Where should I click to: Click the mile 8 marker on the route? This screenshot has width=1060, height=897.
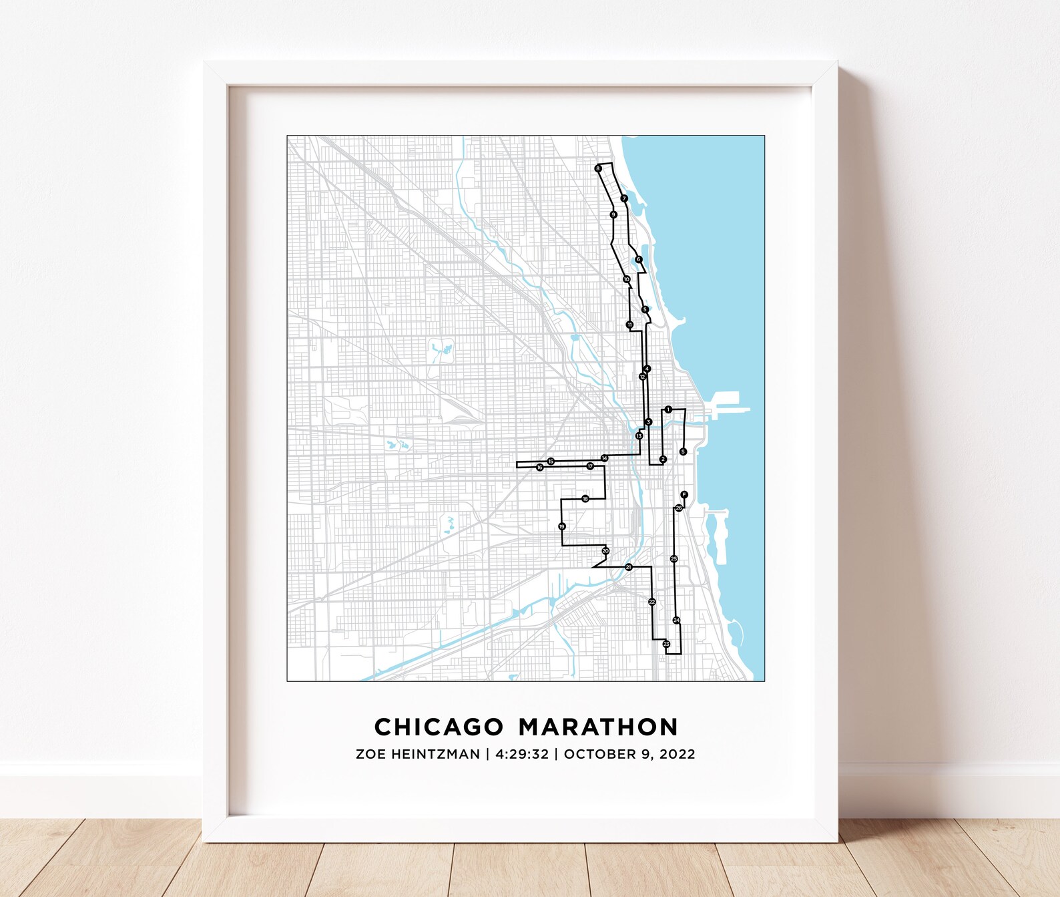coord(598,168)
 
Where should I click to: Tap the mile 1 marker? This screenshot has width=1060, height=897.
coord(668,409)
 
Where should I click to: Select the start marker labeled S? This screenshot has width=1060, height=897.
coord(683,452)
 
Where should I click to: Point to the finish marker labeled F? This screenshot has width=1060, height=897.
coord(684,494)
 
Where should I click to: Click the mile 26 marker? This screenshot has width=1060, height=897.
coord(679,508)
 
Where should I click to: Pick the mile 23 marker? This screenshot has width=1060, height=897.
coord(666,644)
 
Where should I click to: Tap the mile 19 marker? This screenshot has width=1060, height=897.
coord(562,527)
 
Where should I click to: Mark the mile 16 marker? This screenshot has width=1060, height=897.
coord(539,468)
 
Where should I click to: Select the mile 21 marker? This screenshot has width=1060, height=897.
coord(628,567)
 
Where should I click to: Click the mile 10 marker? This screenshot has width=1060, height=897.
coord(626,279)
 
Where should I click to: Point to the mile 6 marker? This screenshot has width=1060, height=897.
coord(639,259)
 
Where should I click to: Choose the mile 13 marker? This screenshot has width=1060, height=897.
coord(639,436)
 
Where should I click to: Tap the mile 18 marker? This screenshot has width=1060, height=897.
coord(585,499)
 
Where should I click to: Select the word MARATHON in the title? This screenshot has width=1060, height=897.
coord(598,727)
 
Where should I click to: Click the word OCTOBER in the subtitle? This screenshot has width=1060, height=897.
coord(596,754)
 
